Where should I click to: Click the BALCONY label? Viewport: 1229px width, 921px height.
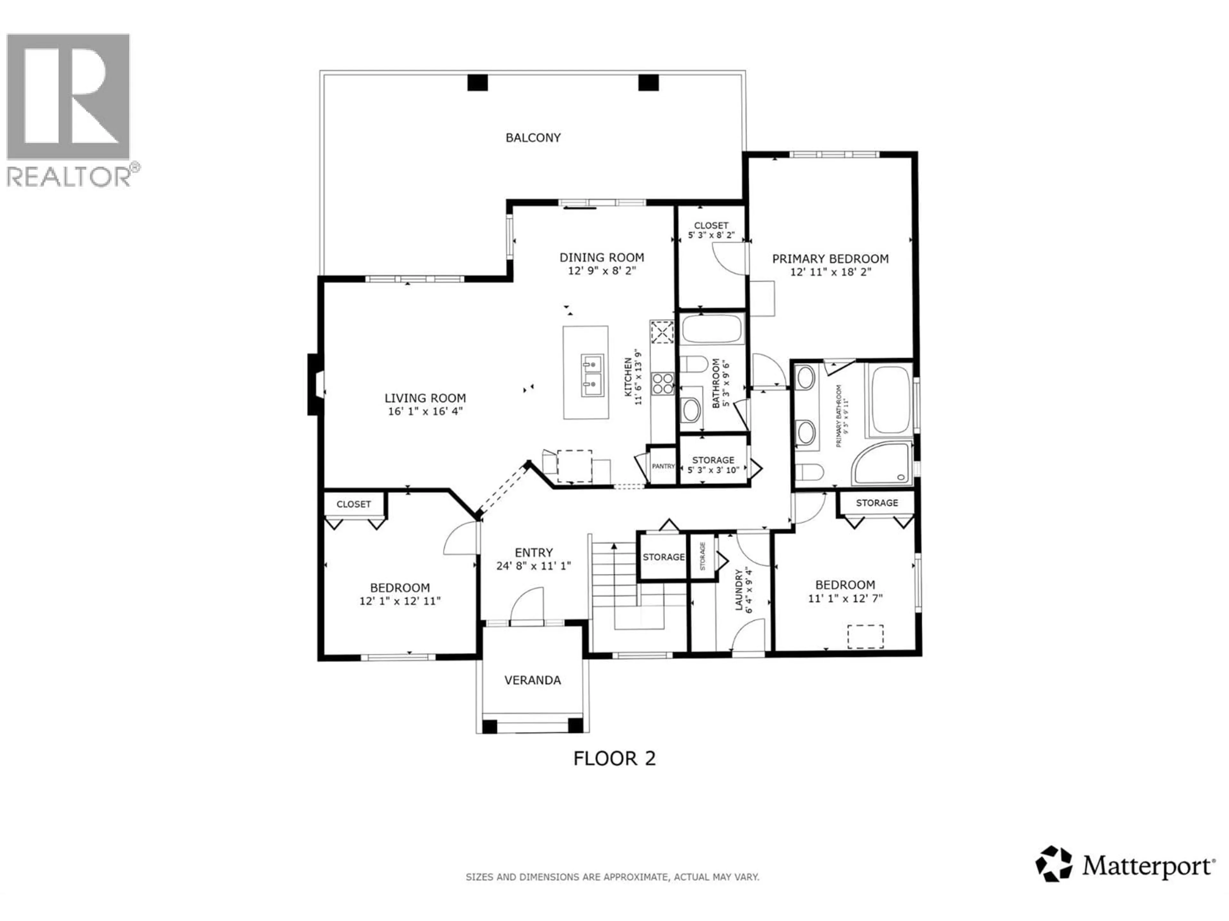click(x=533, y=138)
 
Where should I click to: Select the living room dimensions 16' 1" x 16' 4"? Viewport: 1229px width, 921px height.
click(x=425, y=411)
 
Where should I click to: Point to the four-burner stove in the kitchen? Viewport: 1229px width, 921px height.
click(x=662, y=383)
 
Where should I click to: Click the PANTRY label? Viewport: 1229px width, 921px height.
click(x=663, y=466)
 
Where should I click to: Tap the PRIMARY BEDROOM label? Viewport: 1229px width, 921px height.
click(x=830, y=259)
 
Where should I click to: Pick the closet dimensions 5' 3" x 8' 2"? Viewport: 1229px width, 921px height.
click(x=711, y=235)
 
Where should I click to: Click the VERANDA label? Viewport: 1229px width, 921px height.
click(x=532, y=680)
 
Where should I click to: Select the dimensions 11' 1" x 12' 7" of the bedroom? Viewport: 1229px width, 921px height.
click(x=845, y=598)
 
